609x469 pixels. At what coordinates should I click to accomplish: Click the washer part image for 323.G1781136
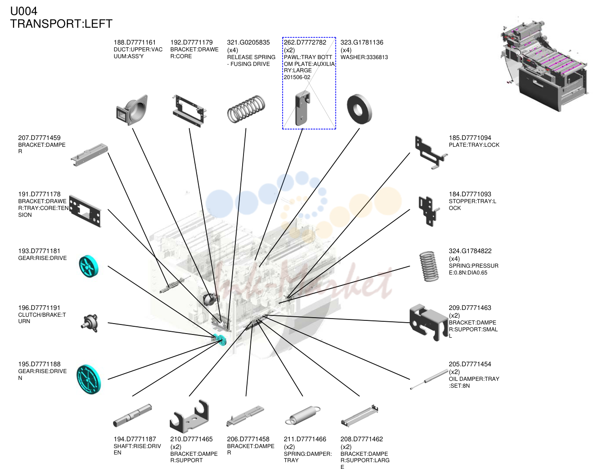[x=359, y=109]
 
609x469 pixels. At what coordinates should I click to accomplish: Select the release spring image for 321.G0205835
[x=246, y=109]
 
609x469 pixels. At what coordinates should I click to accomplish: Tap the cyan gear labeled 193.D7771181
[x=89, y=266]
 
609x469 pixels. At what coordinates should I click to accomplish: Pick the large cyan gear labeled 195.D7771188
[x=88, y=379]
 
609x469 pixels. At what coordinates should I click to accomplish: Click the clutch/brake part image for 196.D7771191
[x=90, y=323]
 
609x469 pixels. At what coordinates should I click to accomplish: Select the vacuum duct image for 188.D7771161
[x=132, y=110]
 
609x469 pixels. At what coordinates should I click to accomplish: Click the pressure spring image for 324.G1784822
[x=429, y=266]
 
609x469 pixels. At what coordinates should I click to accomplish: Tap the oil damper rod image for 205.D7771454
[x=429, y=379]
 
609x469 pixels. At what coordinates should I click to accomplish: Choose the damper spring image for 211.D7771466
[x=303, y=415]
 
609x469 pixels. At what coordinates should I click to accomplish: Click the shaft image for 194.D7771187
[x=132, y=415]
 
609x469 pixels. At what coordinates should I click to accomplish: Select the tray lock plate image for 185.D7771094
[x=431, y=153]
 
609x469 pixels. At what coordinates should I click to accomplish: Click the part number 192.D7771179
[x=192, y=42]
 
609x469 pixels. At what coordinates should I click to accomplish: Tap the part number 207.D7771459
[x=39, y=138]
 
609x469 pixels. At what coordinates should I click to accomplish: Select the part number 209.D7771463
[x=470, y=308]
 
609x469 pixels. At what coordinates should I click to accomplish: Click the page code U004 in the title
[x=24, y=11]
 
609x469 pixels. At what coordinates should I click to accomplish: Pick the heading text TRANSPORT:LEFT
[x=61, y=24]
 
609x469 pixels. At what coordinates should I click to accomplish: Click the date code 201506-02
[x=297, y=77]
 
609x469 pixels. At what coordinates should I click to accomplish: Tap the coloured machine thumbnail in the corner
[x=544, y=66]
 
